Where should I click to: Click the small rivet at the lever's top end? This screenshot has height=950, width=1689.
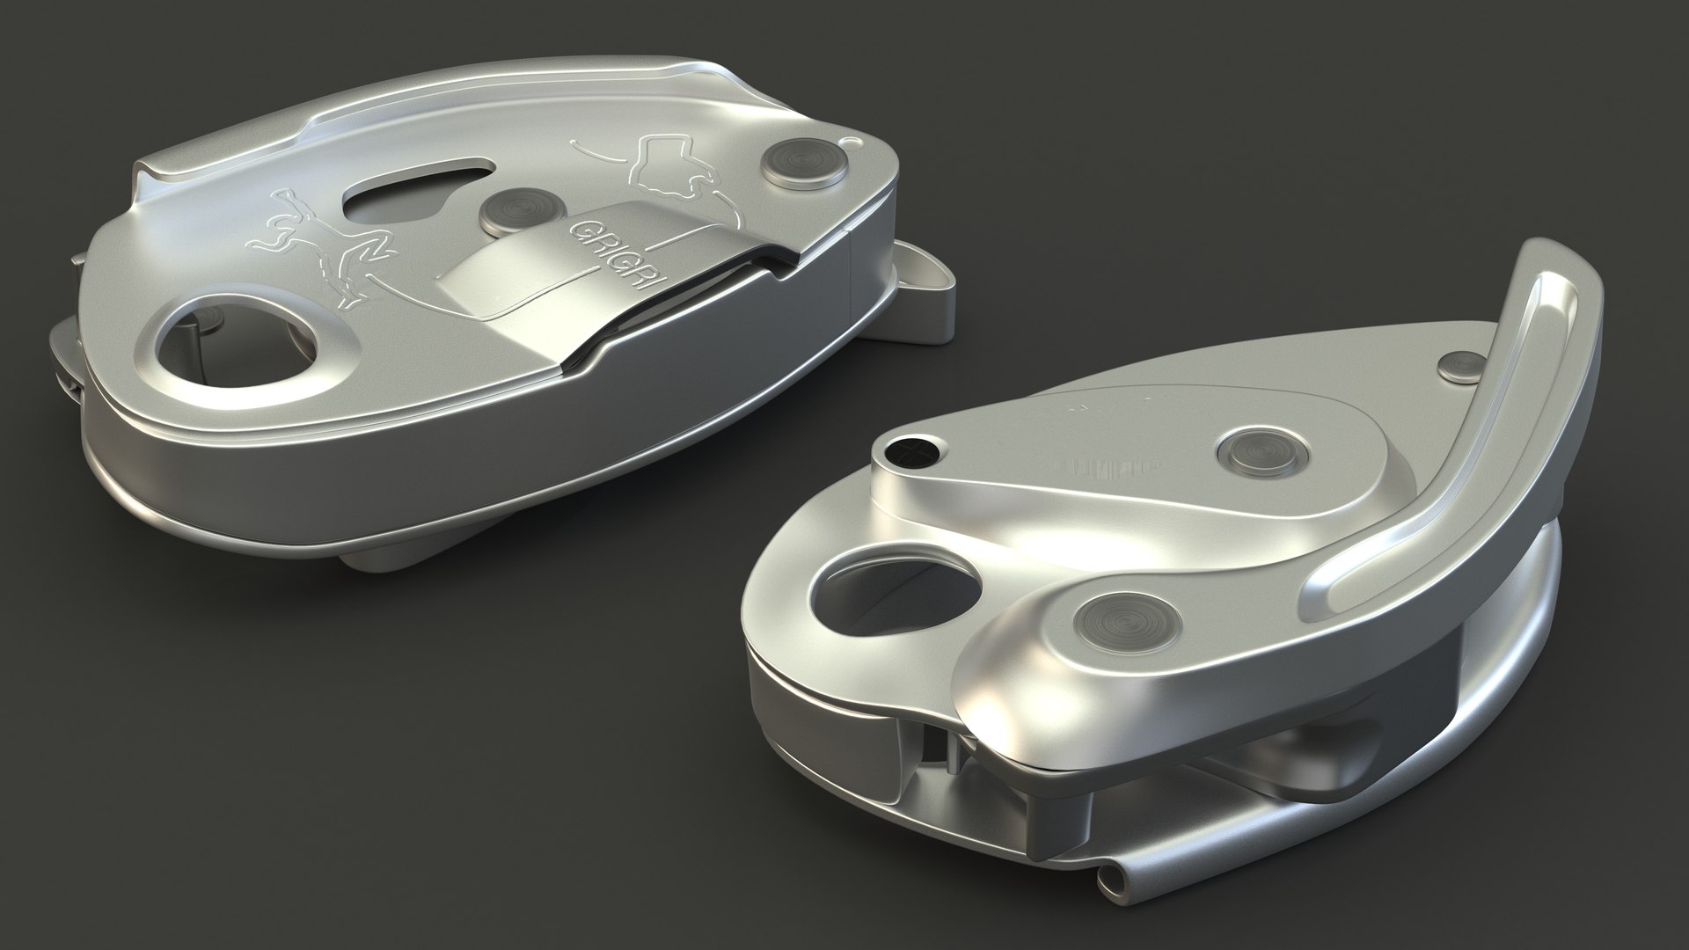click(x=1464, y=364)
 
